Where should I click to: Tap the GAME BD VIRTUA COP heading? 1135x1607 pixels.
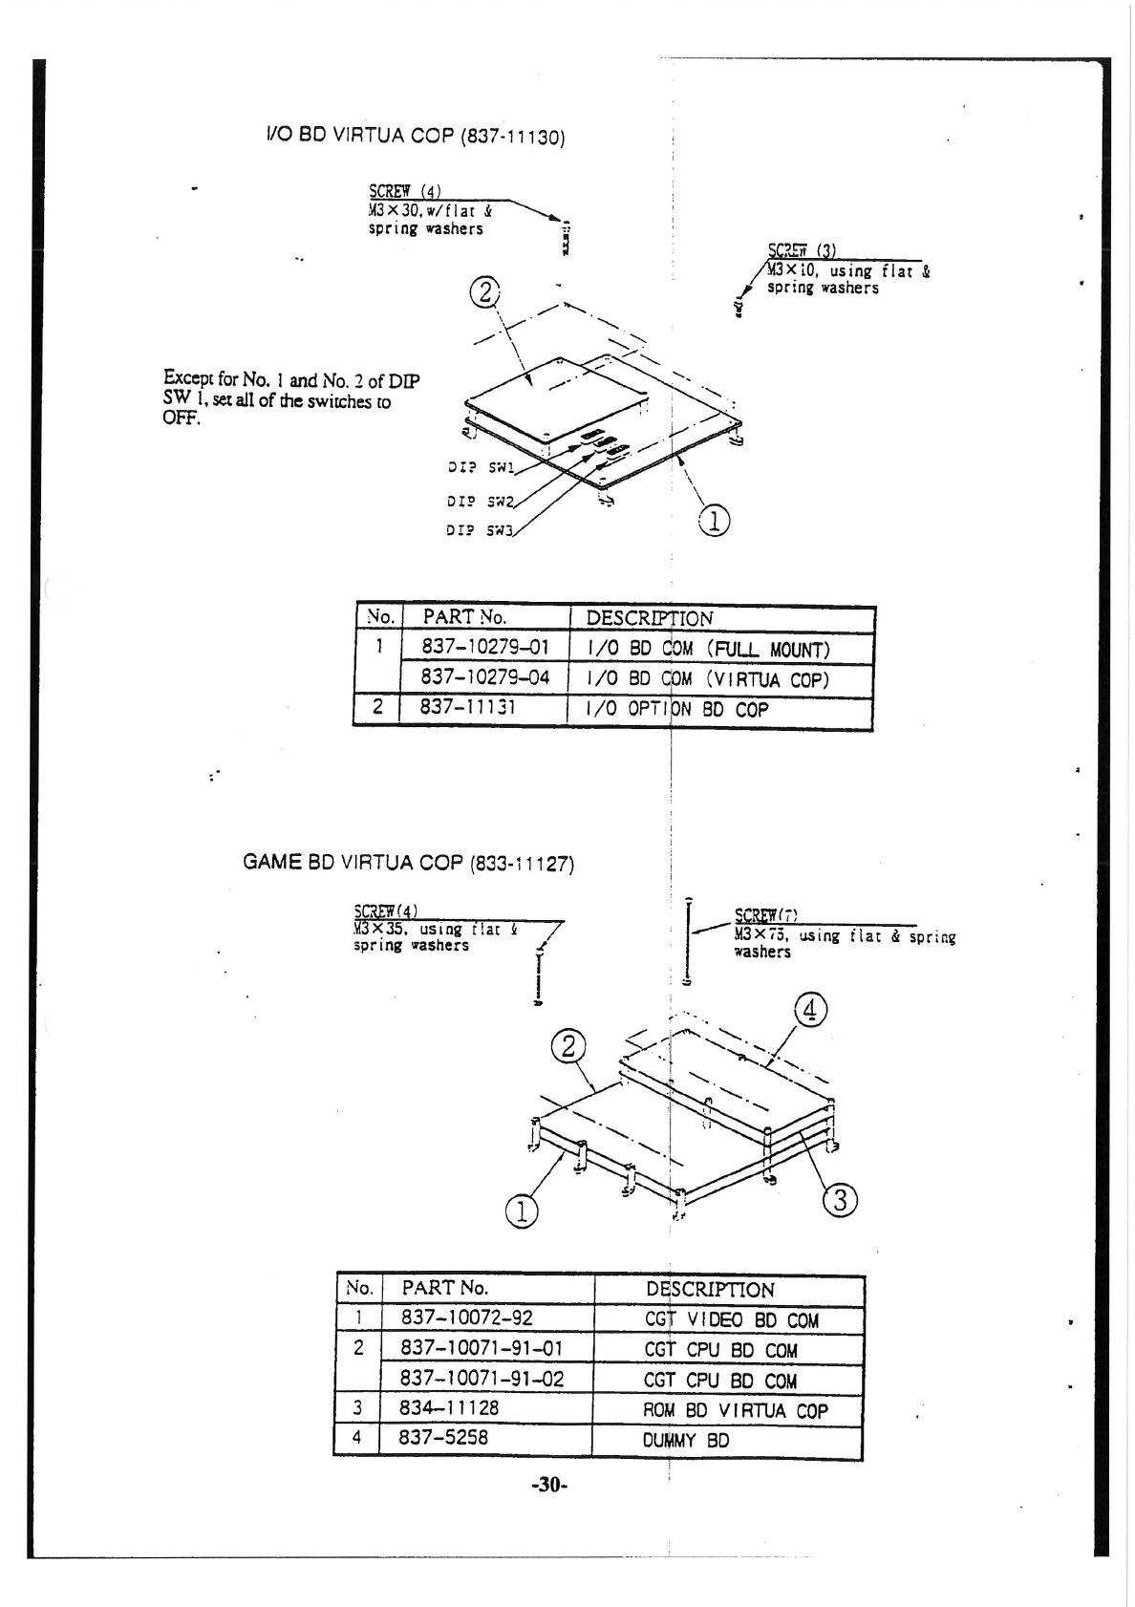click(408, 862)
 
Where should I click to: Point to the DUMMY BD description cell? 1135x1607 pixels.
click(686, 1440)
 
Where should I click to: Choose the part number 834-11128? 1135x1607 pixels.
click(449, 1407)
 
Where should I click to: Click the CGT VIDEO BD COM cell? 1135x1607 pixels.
click(732, 1320)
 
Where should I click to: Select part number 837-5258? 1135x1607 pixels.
click(443, 1437)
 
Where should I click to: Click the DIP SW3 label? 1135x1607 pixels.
click(481, 531)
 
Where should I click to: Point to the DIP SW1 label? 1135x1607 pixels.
click(481, 469)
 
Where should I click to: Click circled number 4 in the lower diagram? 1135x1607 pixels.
click(810, 1010)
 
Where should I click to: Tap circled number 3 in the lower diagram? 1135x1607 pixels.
click(841, 1201)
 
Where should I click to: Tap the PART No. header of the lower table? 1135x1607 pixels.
click(444, 1287)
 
